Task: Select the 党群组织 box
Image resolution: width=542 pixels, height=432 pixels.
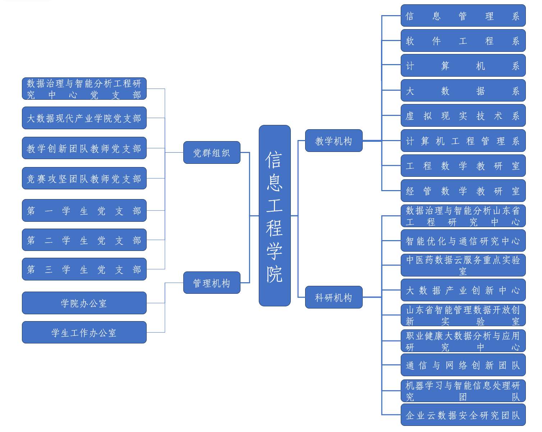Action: pyautogui.click(x=212, y=153)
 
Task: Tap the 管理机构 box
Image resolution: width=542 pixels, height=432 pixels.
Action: pyautogui.click(x=212, y=283)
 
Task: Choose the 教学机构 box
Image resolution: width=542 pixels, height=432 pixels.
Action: pyautogui.click(x=334, y=141)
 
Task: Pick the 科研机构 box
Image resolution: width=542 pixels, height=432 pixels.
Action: pyautogui.click(x=334, y=297)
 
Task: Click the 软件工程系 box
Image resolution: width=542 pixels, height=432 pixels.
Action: pyautogui.click(x=463, y=41)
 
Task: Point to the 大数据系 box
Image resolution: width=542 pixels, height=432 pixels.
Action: pyautogui.click(x=463, y=91)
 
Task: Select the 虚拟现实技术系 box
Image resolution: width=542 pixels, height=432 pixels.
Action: pyautogui.click(x=463, y=116)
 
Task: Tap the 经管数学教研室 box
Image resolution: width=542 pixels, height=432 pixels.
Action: pyautogui.click(x=463, y=191)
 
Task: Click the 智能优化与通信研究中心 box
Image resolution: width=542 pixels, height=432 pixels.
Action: pyautogui.click(x=463, y=241)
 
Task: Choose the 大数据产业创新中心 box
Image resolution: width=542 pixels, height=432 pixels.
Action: pyautogui.click(x=463, y=290)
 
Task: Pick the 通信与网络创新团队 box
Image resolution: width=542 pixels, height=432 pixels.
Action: pyautogui.click(x=463, y=365)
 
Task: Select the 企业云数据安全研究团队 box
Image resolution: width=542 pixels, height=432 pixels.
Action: pyautogui.click(x=463, y=415)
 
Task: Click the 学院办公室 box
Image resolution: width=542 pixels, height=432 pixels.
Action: pyautogui.click(x=84, y=303)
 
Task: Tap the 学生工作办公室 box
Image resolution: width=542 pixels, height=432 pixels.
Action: pyautogui.click(x=84, y=333)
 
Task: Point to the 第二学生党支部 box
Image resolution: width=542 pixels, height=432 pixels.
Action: pyautogui.click(x=84, y=240)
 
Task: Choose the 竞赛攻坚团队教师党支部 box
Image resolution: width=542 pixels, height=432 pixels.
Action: pyautogui.click(x=84, y=179)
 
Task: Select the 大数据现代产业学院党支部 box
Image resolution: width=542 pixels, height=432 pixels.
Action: pyautogui.click(x=84, y=118)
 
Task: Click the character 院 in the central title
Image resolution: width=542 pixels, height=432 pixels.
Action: pyautogui.click(x=275, y=274)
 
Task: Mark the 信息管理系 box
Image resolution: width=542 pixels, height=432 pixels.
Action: pyautogui.click(x=463, y=16)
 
